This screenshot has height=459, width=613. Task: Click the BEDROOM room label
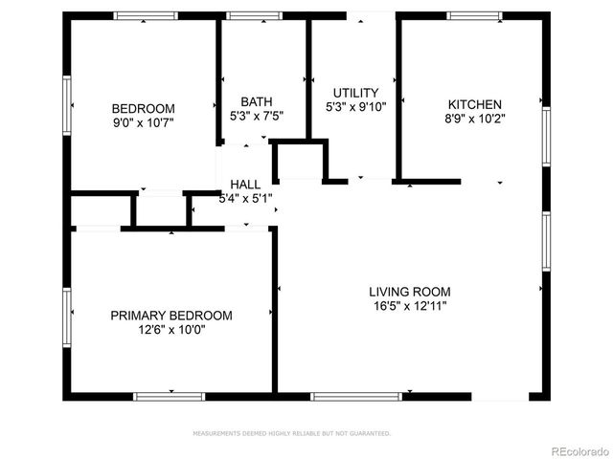coord(144,108)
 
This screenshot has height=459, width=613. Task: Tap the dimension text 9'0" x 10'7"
coord(144,121)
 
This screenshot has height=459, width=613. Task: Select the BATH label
coord(257,101)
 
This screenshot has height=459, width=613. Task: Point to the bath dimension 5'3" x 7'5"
coord(257,116)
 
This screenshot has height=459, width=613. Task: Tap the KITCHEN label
coord(474,104)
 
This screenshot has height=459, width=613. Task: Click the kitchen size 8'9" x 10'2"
coord(474,119)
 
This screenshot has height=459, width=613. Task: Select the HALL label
coord(245,185)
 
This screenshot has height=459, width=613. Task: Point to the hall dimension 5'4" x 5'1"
coord(246,199)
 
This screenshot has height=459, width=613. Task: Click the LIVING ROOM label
coord(410,292)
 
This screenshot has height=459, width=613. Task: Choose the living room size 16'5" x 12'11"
coord(410,306)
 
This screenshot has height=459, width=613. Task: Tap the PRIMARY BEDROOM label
coord(171,315)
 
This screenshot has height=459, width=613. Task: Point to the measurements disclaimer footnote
coord(292,433)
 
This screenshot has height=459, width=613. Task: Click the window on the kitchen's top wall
coord(475,15)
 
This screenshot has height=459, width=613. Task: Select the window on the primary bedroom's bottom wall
coord(170,396)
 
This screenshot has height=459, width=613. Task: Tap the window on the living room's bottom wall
coord(356,396)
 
